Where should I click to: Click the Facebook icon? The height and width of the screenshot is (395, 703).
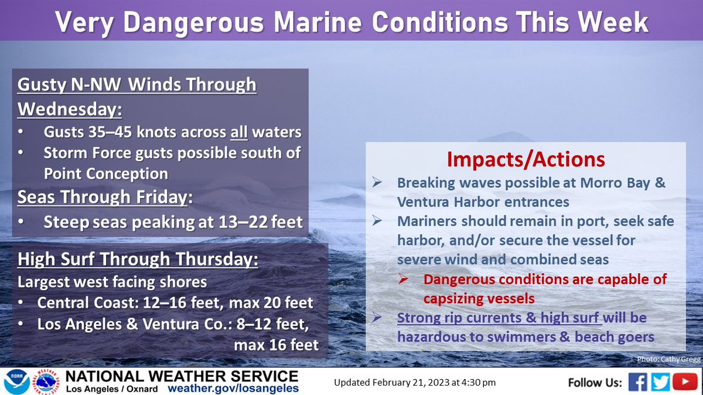638,382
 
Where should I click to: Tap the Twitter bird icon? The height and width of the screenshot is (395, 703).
660,382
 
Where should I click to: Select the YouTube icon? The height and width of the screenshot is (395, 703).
684,382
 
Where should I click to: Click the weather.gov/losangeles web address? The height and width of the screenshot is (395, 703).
233,389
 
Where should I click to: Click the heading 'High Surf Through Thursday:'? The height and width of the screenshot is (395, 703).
138,259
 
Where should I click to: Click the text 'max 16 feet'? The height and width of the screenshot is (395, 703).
276,345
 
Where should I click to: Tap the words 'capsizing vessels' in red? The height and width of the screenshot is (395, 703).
479,298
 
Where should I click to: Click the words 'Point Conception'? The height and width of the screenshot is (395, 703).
106,174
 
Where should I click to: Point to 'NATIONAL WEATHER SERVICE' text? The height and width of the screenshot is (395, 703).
182,375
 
